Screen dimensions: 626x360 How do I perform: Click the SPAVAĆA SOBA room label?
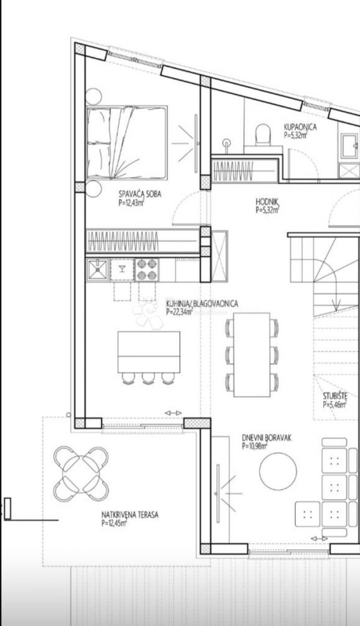[x=140, y=194]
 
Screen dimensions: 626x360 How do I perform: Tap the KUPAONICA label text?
[x=300, y=126]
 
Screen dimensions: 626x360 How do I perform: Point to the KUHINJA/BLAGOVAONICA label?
[x=202, y=304]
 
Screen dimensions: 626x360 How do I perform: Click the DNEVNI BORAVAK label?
[x=266, y=438]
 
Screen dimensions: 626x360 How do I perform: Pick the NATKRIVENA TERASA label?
[x=130, y=515]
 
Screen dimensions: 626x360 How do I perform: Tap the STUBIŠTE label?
[x=334, y=395]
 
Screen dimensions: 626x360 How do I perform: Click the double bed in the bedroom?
[x=127, y=142]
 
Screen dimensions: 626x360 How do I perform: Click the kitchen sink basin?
[x=98, y=270]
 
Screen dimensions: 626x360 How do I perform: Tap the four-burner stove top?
[x=148, y=269]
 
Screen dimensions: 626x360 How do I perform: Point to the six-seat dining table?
[x=252, y=355]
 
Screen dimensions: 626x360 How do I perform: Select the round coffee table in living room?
[x=278, y=471]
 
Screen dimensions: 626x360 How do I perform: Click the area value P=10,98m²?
[x=255, y=447]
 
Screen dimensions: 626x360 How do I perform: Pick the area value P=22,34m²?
[x=179, y=312]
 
